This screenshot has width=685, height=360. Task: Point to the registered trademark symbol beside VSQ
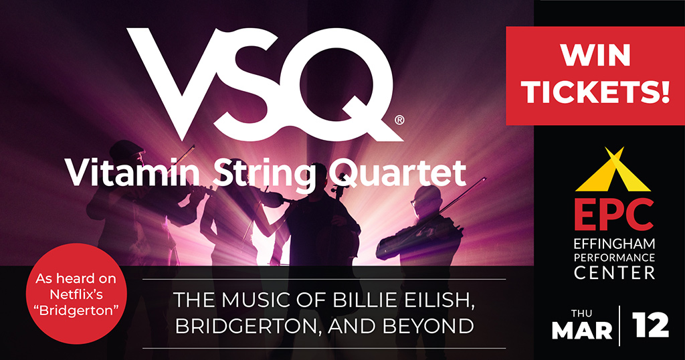(x=399, y=120)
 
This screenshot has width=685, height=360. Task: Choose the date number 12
(x=649, y=327)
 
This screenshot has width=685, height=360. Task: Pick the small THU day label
(x=581, y=312)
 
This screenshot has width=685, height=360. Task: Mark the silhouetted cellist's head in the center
(x=320, y=175)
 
